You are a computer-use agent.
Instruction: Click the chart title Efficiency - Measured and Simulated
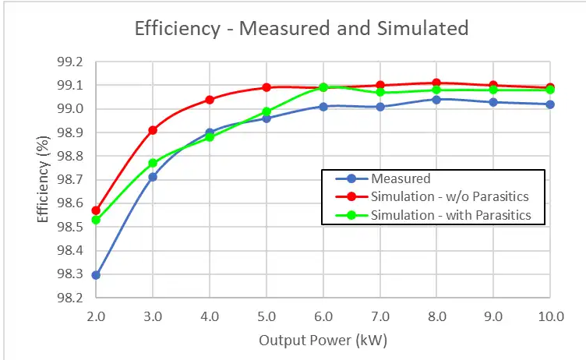pyautogui.click(x=302, y=29)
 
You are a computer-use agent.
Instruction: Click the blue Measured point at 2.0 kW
pyautogui.click(x=96, y=275)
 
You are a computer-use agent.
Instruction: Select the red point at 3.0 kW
pyautogui.click(x=153, y=130)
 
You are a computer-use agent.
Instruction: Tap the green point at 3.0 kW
pyautogui.click(x=153, y=163)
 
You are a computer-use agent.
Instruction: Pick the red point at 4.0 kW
pyautogui.click(x=210, y=100)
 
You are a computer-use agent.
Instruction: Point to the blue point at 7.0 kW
pyautogui.click(x=379, y=107)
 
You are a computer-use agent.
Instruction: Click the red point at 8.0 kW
pyautogui.click(x=436, y=83)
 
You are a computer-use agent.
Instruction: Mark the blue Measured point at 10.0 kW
pyautogui.click(x=550, y=104)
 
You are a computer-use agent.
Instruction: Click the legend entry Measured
pyautogui.click(x=401, y=178)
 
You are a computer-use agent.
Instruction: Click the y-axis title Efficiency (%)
pyautogui.click(x=44, y=180)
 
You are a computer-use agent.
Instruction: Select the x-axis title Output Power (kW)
pyautogui.click(x=323, y=341)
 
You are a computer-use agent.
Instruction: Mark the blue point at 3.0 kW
pyautogui.click(x=153, y=177)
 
